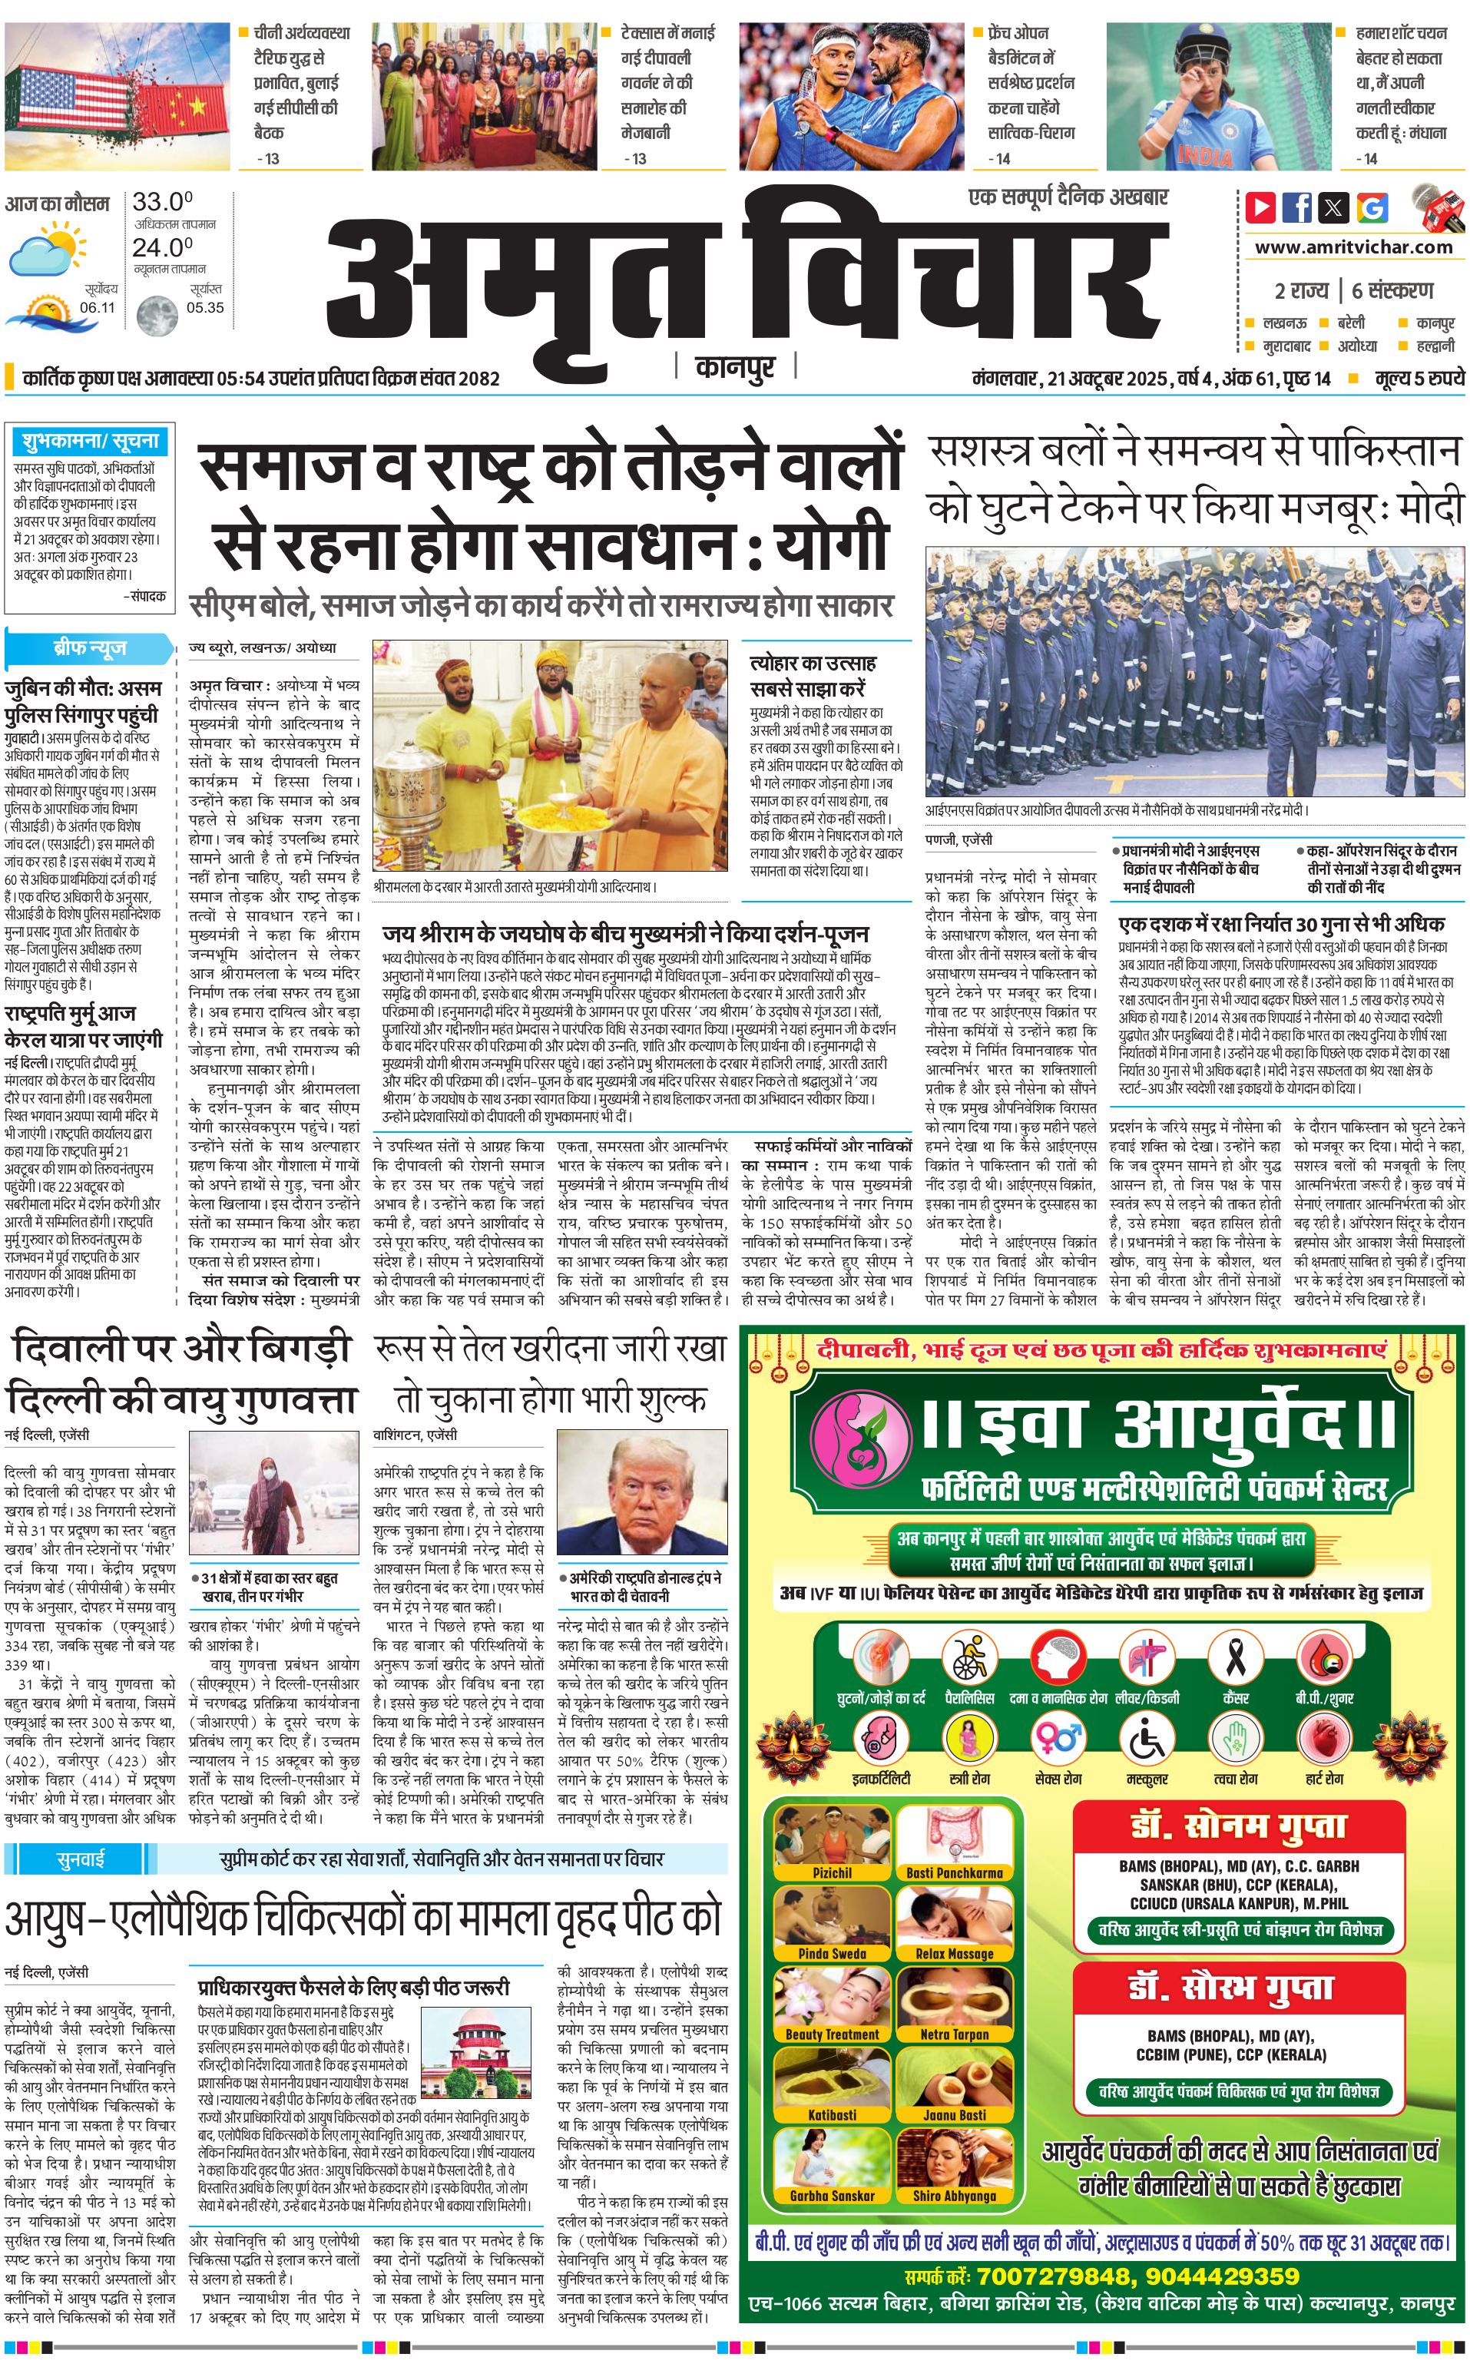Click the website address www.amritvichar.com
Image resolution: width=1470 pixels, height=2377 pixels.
tap(1353, 247)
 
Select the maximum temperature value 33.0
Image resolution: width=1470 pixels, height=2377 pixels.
tap(162, 202)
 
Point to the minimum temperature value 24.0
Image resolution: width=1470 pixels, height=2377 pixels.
tap(162, 248)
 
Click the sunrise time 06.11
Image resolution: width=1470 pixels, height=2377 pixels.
tap(98, 307)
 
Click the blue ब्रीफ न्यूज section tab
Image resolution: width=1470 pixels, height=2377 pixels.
tap(89, 647)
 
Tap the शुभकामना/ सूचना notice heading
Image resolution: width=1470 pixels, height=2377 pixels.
tap(89, 440)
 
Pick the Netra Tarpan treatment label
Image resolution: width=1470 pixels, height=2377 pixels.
tap(954, 2034)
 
